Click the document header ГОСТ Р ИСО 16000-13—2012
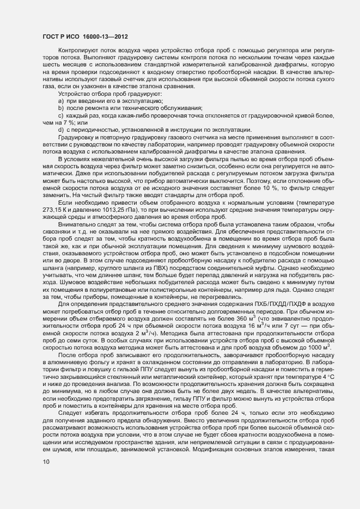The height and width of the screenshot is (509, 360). pos(86,36)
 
